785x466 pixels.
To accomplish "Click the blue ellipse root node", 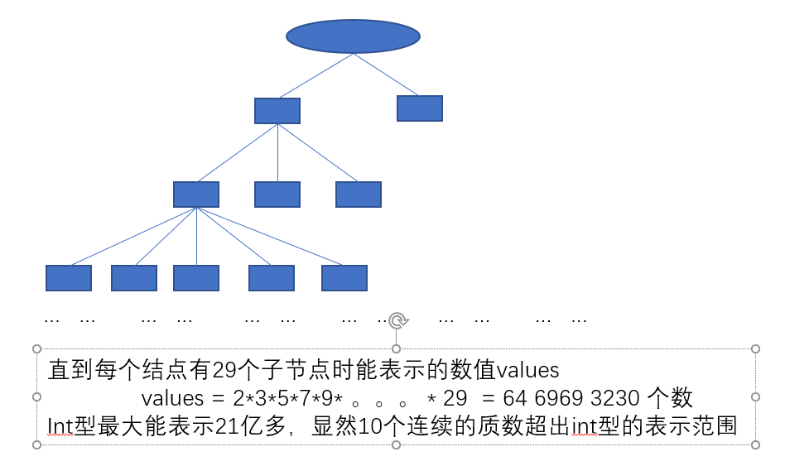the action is tap(353, 36).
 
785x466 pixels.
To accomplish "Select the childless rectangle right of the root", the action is tap(420, 108).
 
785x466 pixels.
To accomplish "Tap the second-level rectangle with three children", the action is tap(277, 111).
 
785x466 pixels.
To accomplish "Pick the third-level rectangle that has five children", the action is tap(196, 195).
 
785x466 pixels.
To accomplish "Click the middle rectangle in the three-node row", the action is tap(277, 195).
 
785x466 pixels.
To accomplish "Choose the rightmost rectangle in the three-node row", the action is tap(359, 195).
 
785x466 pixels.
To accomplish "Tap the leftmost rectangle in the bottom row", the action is tap(69, 278).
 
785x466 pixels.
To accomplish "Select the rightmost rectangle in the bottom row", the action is tap(344, 278).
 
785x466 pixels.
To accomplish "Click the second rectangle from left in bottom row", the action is tap(134, 278).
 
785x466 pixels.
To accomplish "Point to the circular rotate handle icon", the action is tap(398, 320).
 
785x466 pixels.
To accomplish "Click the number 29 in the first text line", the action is tap(224, 370).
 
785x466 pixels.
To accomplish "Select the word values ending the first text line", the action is tap(527, 370).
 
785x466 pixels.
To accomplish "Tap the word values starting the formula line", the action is tap(173, 398).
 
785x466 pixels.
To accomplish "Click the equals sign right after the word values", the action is tap(218, 399).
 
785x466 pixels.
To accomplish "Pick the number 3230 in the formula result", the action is tap(614, 398).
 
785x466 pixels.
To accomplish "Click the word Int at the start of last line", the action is tap(60, 426).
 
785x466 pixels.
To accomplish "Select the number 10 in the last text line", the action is tap(370, 426).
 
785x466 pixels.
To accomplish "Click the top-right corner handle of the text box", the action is tap(756, 348).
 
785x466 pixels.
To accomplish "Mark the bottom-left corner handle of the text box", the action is tap(36, 444).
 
